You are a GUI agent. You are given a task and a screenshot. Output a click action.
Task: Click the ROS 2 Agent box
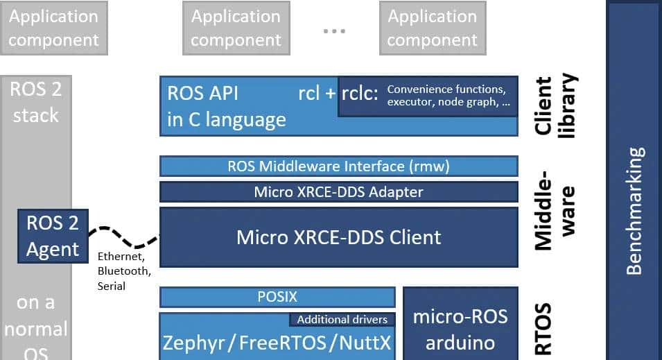point(53,237)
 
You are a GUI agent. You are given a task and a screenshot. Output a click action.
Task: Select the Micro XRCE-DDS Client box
point(339,237)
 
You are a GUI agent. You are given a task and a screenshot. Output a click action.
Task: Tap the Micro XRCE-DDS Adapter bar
point(339,191)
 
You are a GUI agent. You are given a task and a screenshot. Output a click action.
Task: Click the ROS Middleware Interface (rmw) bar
point(339,166)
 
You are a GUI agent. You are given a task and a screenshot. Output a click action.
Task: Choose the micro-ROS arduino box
point(460,329)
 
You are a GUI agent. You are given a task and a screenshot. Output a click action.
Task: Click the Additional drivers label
point(342,320)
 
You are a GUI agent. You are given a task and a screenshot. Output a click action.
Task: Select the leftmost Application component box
point(53,28)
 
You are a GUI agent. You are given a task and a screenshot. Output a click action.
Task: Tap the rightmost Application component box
point(433,28)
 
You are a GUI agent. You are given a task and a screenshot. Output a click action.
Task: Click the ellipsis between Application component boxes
point(334,32)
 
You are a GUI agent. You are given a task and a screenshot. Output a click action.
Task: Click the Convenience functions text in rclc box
point(446,89)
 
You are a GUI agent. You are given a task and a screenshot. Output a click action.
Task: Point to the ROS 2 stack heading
point(35,101)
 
